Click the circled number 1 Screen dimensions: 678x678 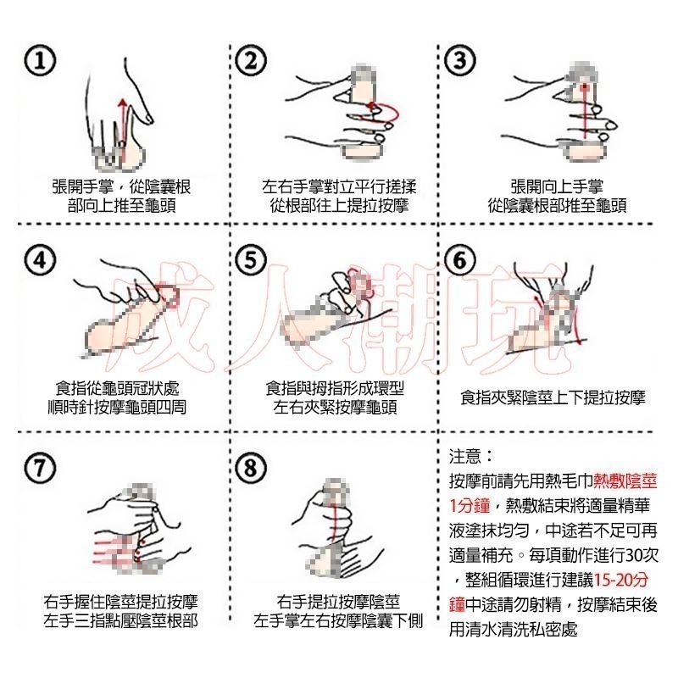40,61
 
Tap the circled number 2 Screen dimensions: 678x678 251,61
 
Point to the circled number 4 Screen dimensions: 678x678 40,261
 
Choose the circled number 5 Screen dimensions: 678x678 251,261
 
